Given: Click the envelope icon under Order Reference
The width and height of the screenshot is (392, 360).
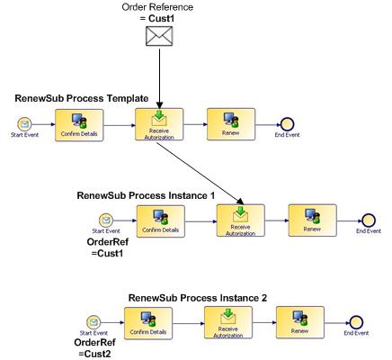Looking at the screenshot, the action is (x=159, y=36).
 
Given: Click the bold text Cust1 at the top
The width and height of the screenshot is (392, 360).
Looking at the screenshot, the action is (x=161, y=19).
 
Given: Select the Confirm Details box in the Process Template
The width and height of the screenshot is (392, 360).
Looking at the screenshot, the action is (x=79, y=125).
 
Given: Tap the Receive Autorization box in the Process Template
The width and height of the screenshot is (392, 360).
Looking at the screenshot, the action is (x=159, y=124).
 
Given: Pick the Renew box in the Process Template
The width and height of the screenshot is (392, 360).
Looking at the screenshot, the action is (x=231, y=124).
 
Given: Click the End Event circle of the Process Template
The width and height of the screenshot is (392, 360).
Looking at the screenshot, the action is (x=287, y=124).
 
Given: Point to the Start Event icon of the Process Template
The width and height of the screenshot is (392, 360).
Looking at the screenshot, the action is (x=24, y=124).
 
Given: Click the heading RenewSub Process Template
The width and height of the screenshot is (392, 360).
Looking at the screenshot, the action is (x=82, y=98).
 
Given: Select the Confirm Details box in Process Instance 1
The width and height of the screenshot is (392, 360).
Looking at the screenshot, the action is (x=161, y=221).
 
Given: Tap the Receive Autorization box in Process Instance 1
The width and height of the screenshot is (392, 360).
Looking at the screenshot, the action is (x=241, y=220).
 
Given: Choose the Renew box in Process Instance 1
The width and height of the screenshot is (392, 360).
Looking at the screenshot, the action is (x=313, y=220).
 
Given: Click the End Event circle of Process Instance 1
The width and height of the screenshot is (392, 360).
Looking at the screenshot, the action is (x=369, y=220).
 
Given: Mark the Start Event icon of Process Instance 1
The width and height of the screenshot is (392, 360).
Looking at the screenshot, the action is (x=106, y=220).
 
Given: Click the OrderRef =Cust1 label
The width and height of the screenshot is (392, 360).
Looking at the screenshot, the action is (x=108, y=247).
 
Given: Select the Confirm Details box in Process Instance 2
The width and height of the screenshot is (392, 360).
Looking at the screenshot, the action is (x=148, y=323).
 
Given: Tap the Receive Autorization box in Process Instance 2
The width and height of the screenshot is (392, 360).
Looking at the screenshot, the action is (x=228, y=322).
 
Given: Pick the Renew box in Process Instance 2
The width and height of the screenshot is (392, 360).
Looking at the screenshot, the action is (x=300, y=322).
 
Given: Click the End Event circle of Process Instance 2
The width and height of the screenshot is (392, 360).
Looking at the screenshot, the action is (x=356, y=322).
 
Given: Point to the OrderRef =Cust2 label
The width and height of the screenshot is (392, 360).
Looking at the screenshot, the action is (x=94, y=348).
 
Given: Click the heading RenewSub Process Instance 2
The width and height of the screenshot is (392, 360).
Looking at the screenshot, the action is (x=198, y=298).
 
